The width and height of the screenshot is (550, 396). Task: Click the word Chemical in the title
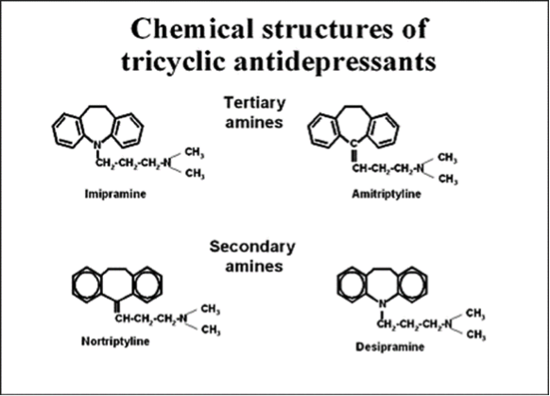(x=192, y=28)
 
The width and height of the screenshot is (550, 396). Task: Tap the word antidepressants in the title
(x=335, y=61)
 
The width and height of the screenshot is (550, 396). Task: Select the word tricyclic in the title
(x=174, y=62)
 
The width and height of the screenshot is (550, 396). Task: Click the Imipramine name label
(x=115, y=194)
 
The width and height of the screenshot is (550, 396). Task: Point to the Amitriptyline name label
(x=387, y=194)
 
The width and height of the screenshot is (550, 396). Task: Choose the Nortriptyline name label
(x=115, y=341)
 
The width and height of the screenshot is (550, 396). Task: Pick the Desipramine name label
(x=390, y=347)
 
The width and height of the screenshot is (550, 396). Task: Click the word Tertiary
(x=254, y=103)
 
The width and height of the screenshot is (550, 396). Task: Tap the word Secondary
(x=252, y=247)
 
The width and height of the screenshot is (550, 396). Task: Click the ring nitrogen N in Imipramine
(x=98, y=145)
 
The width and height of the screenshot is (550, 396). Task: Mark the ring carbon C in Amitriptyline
(x=354, y=143)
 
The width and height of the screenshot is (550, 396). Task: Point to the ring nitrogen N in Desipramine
(x=383, y=304)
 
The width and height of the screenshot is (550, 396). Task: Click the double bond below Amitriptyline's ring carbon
(x=354, y=156)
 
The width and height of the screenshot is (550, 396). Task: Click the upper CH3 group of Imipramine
(x=195, y=152)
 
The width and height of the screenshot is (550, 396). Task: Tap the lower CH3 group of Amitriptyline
(x=448, y=180)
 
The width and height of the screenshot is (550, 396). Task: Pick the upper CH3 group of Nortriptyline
(x=211, y=309)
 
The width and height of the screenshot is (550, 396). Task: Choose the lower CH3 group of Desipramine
(x=476, y=335)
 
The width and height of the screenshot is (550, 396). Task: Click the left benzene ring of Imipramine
(x=68, y=129)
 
